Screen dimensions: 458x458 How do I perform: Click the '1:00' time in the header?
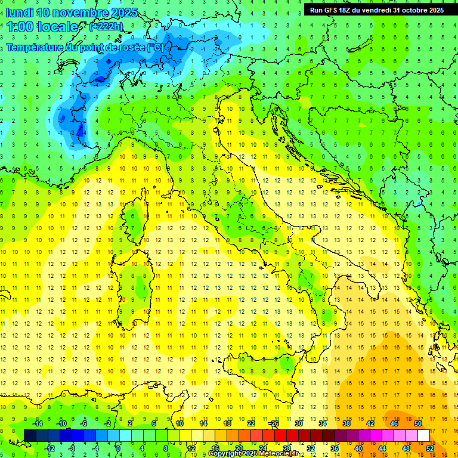click(19, 27)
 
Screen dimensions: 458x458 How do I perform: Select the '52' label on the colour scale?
click(429, 448)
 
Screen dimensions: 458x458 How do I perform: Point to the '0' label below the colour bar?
click(118, 448)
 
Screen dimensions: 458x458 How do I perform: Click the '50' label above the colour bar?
click(417, 423)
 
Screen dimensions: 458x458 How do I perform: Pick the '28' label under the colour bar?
click(286, 448)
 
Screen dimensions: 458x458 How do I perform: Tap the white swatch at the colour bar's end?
click(423, 435)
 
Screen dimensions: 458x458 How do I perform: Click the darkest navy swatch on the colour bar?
click(30, 435)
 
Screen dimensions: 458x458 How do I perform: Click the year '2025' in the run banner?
click(434, 10)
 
